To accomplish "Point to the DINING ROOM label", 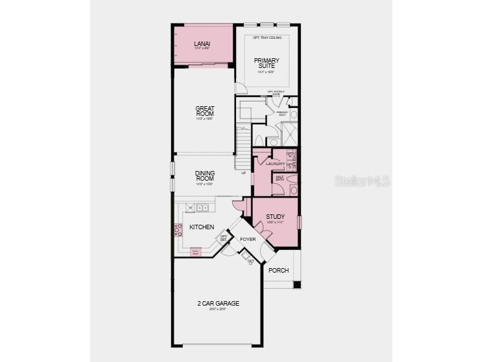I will click(205, 175).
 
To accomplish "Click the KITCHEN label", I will click(202, 227).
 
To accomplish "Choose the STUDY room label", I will click(276, 217).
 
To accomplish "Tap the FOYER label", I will click(248, 240).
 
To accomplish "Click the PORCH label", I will click(278, 271).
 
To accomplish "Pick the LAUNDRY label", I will click(276, 164).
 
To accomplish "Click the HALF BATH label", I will click(281, 177).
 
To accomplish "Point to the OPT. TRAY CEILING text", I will click(266, 38).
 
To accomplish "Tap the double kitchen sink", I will click(202, 208).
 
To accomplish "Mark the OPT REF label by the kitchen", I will click(224, 238).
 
